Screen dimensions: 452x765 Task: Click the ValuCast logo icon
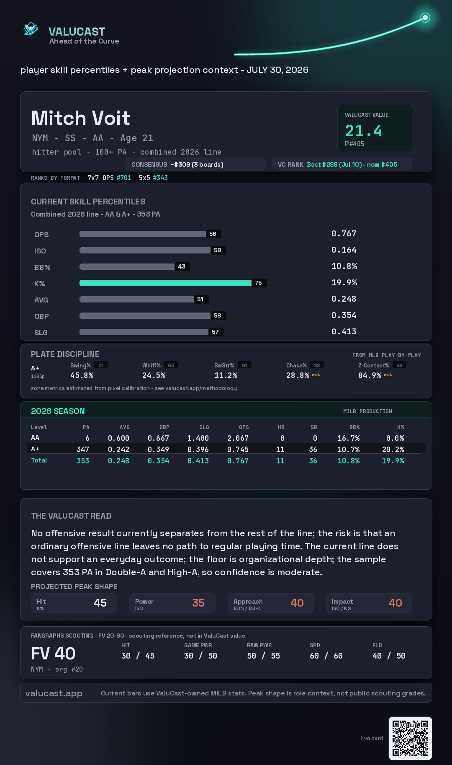click(x=31, y=29)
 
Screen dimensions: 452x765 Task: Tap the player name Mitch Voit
click(x=81, y=118)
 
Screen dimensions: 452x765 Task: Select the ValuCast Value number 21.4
click(x=363, y=131)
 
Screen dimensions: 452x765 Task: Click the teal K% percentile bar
click(x=165, y=283)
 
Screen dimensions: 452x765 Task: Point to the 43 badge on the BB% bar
click(x=182, y=266)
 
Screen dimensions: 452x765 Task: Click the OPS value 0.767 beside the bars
click(x=344, y=233)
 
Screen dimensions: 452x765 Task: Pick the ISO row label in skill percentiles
click(x=40, y=251)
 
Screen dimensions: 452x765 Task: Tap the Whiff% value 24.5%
click(x=154, y=375)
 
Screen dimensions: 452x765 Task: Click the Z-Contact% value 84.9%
click(x=370, y=375)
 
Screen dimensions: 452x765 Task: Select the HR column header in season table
click(x=281, y=427)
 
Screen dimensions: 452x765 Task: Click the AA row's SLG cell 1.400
click(x=198, y=438)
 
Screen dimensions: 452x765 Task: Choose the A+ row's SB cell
click(x=313, y=450)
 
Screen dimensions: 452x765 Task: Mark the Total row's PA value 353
click(x=83, y=461)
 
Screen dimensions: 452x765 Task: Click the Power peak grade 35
click(x=198, y=603)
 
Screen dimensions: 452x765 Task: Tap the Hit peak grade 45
click(x=100, y=603)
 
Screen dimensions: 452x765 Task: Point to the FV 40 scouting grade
click(x=53, y=654)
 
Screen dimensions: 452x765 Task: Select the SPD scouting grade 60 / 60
click(x=326, y=656)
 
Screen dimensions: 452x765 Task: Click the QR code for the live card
click(x=410, y=738)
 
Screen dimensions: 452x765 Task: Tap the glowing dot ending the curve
click(x=425, y=18)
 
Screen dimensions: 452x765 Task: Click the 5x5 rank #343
click(x=160, y=178)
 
